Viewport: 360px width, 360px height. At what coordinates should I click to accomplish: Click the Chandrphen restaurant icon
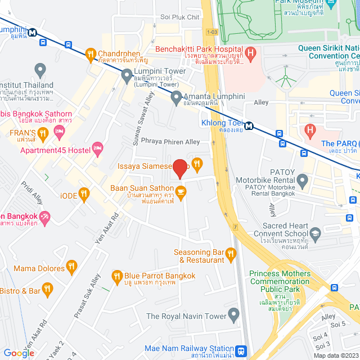(90, 54)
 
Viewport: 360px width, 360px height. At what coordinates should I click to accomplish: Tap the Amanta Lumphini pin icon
(176, 97)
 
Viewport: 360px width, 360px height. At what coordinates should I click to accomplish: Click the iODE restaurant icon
(84, 194)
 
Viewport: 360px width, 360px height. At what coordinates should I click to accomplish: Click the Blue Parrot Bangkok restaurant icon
(116, 276)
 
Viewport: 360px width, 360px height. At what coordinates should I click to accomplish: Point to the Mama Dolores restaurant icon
(71, 265)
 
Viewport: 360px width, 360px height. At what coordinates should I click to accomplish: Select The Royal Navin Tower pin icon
(233, 313)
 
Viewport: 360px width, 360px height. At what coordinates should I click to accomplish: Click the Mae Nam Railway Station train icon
(241, 350)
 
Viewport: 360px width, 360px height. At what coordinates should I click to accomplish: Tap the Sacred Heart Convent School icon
(315, 231)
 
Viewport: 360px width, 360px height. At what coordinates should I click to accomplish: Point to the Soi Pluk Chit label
(180, 17)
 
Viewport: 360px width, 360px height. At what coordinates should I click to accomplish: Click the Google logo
(19, 353)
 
